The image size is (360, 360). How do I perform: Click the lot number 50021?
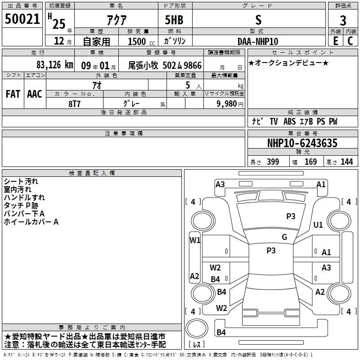(x=22, y=19)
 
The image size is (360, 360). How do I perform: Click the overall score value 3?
(x=343, y=20)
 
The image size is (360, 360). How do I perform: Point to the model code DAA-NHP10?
(x=258, y=41)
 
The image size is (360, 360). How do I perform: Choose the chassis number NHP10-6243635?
(x=302, y=143)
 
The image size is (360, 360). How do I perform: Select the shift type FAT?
(x=13, y=94)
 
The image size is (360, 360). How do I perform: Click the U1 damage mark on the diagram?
(x=318, y=225)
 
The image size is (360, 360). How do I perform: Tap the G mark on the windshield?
(x=284, y=237)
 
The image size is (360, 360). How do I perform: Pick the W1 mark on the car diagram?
(x=195, y=240)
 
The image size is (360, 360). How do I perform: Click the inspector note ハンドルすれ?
(x=24, y=198)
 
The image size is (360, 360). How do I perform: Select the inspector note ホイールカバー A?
(x=31, y=222)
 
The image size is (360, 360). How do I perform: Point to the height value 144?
(x=346, y=162)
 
